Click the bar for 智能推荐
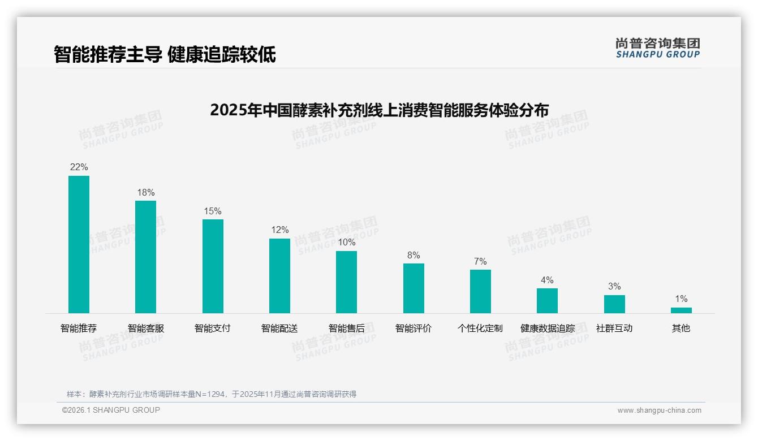pos(79,244)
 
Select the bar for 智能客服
pos(145,257)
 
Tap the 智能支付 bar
pos(213,266)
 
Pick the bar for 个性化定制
pos(480,291)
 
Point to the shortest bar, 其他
pos(681,310)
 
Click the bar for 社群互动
pos(614,304)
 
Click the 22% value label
pos(79,167)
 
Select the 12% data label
pos(279,230)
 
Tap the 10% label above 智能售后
pos(346,243)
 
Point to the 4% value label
pos(547,280)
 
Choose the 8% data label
pos(414,256)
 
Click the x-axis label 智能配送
pos(279,328)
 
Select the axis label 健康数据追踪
pos(547,328)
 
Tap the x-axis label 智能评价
pos(414,328)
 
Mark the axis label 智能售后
pos(346,328)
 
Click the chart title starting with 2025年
pos(379,110)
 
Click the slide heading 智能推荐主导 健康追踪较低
pos(165,55)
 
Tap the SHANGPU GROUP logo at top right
pos(657,48)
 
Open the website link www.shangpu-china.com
pos(659,410)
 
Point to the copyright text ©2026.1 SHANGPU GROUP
pos(111,410)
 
